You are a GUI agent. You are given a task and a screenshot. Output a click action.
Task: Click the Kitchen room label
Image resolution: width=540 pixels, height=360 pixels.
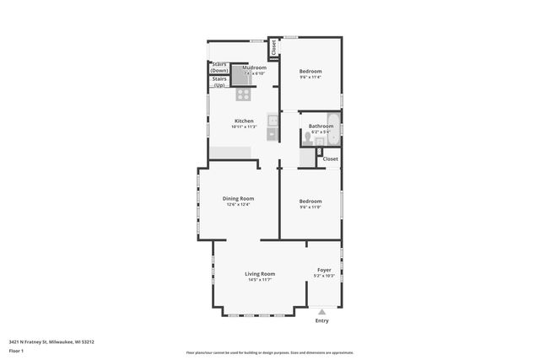244,121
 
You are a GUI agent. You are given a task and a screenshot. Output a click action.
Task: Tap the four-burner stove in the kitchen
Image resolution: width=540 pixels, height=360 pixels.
243,94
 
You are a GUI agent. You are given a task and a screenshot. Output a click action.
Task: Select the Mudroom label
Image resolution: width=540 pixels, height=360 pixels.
254,67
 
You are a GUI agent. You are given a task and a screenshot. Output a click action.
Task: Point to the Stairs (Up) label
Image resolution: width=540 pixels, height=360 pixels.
219,83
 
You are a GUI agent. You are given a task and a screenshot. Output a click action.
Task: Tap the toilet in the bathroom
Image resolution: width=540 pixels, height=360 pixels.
309,134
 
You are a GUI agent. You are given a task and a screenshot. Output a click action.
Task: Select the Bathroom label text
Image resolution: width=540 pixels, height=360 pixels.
321,126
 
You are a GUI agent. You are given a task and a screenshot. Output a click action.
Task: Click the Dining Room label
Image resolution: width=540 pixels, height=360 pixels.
239,199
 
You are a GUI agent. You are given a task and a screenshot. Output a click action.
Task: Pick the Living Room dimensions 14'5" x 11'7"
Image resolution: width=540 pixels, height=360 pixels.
260,280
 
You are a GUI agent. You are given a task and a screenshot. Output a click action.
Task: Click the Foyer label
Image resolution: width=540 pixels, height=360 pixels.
324,271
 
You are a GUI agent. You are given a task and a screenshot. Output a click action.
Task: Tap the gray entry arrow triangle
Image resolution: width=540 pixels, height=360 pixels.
321,311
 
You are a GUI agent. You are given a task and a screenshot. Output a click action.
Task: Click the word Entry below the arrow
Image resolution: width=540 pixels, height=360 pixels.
321,320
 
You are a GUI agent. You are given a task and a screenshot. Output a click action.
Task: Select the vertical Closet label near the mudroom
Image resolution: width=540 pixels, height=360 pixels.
273,47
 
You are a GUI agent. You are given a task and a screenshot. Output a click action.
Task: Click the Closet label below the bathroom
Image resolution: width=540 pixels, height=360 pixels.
330,159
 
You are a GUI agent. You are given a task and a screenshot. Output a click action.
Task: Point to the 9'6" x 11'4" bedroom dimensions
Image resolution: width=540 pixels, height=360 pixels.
310,78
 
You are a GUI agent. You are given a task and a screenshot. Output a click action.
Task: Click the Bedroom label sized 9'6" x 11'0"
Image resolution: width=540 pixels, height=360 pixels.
310,201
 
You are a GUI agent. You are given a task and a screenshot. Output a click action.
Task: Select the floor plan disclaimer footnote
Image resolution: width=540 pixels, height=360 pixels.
269,352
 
